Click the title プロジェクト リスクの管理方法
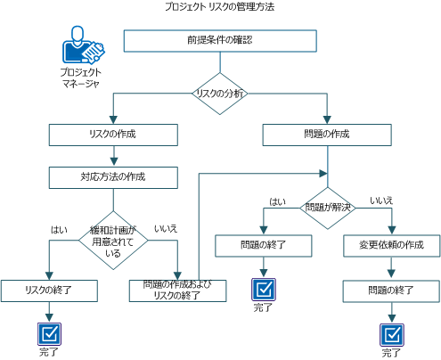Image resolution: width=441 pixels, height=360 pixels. (x=220, y=6)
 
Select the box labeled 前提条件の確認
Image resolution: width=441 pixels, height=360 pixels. (x=219, y=41)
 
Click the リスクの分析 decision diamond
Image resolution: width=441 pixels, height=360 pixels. (x=220, y=93)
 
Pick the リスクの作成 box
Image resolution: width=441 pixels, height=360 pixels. (x=110, y=134)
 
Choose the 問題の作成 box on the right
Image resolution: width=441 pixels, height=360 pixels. (x=326, y=134)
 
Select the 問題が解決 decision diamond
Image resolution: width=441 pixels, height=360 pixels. (x=327, y=208)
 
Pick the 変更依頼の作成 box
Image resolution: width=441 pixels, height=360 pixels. (x=391, y=245)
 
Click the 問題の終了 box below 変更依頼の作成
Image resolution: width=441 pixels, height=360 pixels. (x=391, y=290)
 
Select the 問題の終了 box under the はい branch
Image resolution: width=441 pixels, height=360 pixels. (x=263, y=245)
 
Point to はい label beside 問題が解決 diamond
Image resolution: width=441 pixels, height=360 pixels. (x=278, y=202)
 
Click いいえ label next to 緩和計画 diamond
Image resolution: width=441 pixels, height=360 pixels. (x=166, y=229)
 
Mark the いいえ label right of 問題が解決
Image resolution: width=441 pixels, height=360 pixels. (x=382, y=201)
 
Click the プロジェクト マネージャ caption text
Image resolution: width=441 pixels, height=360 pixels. (x=81, y=78)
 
